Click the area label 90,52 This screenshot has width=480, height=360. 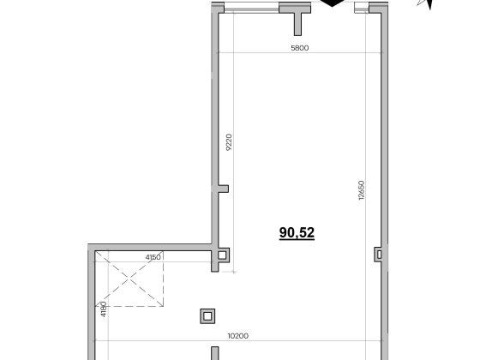pyautogui.click(x=297, y=233)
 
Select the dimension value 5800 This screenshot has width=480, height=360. pyautogui.click(x=300, y=48)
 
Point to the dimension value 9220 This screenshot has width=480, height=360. pyautogui.click(x=229, y=142)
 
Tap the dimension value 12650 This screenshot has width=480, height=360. pyautogui.click(x=362, y=190)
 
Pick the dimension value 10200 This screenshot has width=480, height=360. pyautogui.click(x=238, y=336)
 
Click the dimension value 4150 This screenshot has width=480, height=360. pyautogui.click(x=153, y=257)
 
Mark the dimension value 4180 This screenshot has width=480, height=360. pyautogui.click(x=104, y=309)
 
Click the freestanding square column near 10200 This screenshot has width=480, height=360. pyautogui.click(x=207, y=316)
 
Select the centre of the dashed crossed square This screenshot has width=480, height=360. pyautogui.click(x=129, y=279)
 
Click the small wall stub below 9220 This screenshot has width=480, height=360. pyautogui.click(x=223, y=189)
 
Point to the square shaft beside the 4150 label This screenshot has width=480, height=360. pyautogui.click(x=222, y=255)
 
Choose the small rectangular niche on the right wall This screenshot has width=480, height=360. pyautogui.click(x=379, y=255)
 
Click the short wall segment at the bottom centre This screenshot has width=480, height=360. pyautogui.click(x=215, y=353)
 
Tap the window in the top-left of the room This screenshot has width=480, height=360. pyautogui.click(x=252, y=8)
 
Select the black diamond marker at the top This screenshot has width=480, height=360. pyautogui.click(x=333, y=3)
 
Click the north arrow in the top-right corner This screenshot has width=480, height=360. pyautogui.click(x=425, y=4)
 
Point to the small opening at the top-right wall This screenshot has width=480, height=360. pyautogui.click(x=362, y=8)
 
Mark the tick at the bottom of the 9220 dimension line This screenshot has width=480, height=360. pyautogui.click(x=233, y=272)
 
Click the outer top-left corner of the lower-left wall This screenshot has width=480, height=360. pyautogui.click(x=87, y=244)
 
